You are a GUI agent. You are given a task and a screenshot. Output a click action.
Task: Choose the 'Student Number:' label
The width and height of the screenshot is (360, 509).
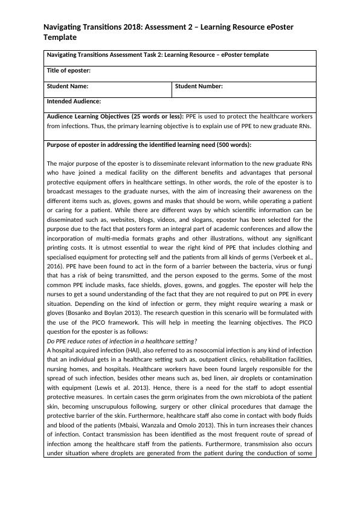[199, 86]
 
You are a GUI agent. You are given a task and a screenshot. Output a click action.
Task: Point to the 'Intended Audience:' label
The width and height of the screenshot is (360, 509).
[74, 102]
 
